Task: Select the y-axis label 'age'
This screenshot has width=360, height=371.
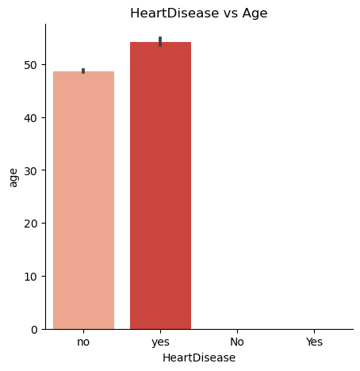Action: (13, 176)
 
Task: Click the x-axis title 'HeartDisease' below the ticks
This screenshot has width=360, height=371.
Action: (199, 358)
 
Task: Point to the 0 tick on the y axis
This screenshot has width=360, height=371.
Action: (35, 329)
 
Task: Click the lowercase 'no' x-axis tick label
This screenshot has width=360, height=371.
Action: (83, 342)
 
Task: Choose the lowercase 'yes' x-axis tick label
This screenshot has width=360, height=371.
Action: (160, 342)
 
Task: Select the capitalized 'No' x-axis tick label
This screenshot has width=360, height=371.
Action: (237, 342)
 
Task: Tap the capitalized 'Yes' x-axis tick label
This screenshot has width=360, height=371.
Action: (314, 342)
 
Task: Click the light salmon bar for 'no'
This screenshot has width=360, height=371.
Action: (83, 198)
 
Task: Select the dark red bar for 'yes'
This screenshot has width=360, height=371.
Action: (160, 186)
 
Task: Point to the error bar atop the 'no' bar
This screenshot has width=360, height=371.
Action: (83, 71)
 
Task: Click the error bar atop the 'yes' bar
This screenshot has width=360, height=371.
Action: (160, 41)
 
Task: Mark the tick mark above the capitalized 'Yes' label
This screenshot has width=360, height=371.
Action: (314, 331)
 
